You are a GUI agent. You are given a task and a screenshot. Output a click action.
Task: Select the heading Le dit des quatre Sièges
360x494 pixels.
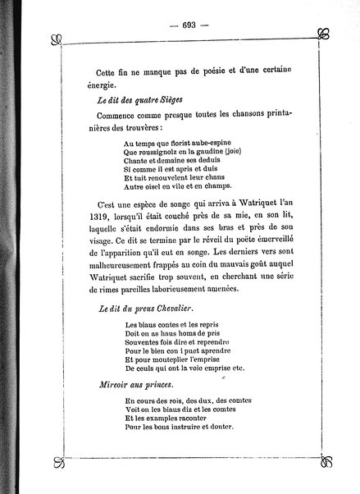[x=130, y=100]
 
